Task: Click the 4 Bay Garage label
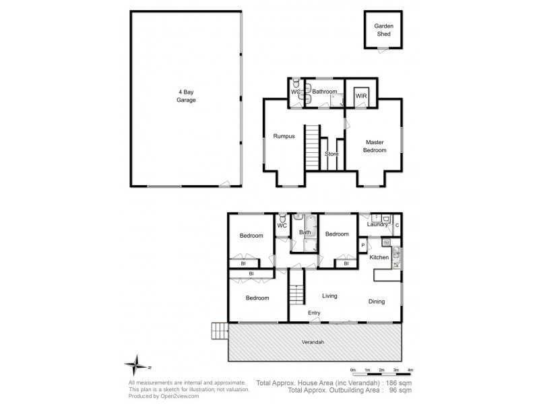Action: pyautogui.click(x=187, y=96)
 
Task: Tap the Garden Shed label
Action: pyautogui.click(x=383, y=30)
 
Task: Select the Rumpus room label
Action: pyautogui.click(x=283, y=137)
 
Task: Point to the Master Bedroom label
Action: pyautogui.click(x=376, y=146)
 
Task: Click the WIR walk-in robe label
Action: pyautogui.click(x=361, y=96)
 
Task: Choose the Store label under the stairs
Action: pyautogui.click(x=331, y=154)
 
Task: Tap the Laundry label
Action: pyautogui.click(x=377, y=225)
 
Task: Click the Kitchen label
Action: pyautogui.click(x=379, y=257)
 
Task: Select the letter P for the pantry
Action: pyautogui.click(x=363, y=246)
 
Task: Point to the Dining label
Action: pyautogui.click(x=376, y=302)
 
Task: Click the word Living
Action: pyautogui.click(x=329, y=296)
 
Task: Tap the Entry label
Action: pyautogui.click(x=314, y=313)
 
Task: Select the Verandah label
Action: pyautogui.click(x=313, y=342)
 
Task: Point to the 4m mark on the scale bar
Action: pyautogui.click(x=410, y=370)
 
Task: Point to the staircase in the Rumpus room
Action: pyautogui.click(x=311, y=143)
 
